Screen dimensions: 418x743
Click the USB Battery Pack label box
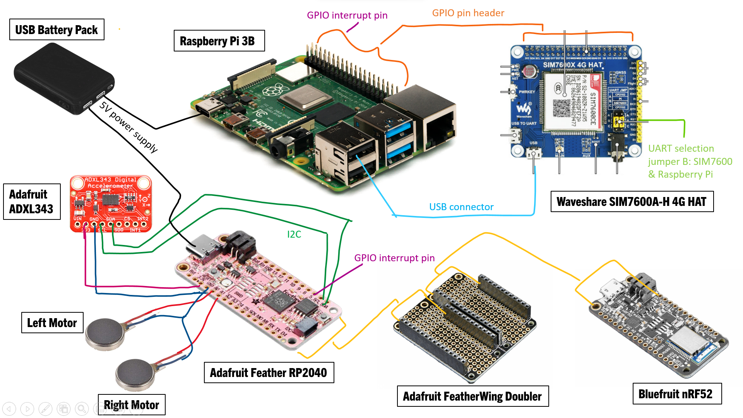pos(56,30)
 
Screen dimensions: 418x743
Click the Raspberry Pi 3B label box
pos(219,41)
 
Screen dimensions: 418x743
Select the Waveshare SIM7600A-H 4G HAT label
pos(632,202)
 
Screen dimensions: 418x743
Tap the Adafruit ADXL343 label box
pos(31,202)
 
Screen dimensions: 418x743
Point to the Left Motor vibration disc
pos(105,333)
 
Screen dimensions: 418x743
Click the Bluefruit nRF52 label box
pos(677,394)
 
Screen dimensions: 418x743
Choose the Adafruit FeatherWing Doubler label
pos(473,396)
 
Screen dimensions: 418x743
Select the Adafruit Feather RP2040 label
pos(269,373)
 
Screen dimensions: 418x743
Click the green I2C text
pos(294,235)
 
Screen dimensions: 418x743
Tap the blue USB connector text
pos(461,207)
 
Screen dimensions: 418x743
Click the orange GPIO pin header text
pos(468,13)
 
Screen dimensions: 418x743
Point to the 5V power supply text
pos(128,127)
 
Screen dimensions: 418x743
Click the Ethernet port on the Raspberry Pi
pos(437,124)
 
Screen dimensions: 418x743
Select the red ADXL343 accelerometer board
pos(111,204)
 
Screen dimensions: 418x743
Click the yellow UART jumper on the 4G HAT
pos(618,121)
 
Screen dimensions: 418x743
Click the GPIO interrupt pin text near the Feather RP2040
pos(394,258)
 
